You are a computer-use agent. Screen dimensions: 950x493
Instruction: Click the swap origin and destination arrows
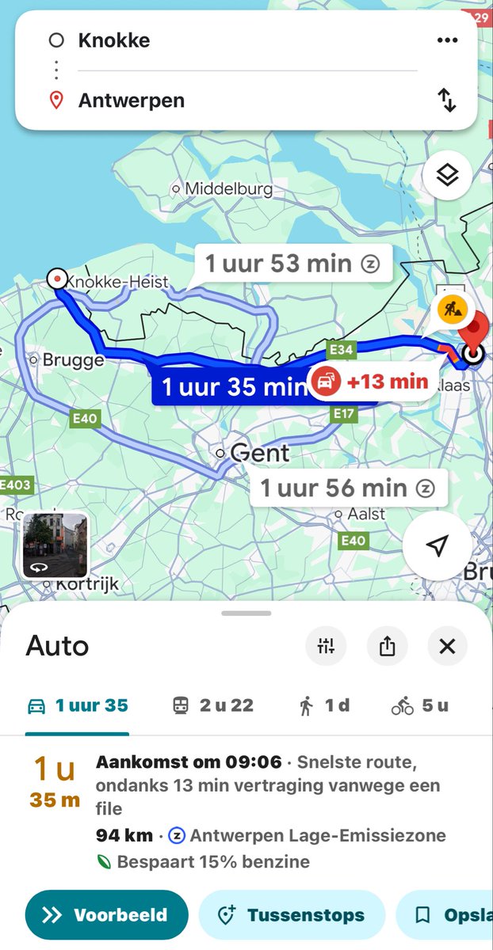[448, 100]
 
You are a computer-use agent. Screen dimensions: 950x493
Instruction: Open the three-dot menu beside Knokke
[448, 40]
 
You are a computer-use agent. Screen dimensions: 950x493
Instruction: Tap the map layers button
[448, 175]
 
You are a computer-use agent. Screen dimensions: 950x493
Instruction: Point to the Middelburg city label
[228, 189]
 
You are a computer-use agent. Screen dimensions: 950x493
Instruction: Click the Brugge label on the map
[73, 360]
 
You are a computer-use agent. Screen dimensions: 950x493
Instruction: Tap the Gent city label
[259, 454]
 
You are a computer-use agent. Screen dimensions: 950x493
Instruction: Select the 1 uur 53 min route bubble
[292, 264]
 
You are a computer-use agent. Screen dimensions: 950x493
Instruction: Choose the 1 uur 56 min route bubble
[348, 488]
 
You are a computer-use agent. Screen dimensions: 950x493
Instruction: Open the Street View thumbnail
[55, 545]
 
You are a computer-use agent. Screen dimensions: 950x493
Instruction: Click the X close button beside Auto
[447, 646]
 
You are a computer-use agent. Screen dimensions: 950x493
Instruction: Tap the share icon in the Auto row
[387, 646]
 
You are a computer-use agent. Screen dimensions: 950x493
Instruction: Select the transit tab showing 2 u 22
[213, 705]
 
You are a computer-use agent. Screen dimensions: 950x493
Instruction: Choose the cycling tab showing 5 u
[420, 705]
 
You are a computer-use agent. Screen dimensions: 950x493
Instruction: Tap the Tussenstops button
[291, 915]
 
